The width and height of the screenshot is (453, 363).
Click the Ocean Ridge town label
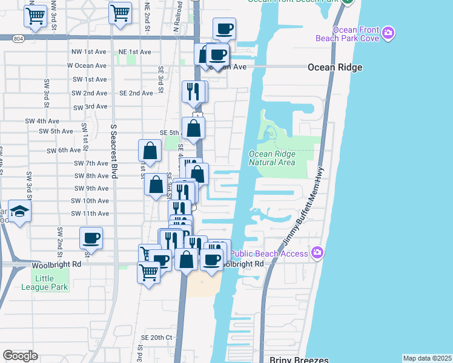click(x=335, y=67)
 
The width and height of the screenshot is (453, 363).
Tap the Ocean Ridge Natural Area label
click(x=272, y=158)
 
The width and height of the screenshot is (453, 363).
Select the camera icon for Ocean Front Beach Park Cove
click(x=388, y=32)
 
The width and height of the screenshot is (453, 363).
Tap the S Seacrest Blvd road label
click(x=113, y=152)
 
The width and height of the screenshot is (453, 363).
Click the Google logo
click(x=21, y=355)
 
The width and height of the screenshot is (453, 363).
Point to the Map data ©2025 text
click(x=428, y=358)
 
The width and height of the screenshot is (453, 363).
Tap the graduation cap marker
click(x=20, y=212)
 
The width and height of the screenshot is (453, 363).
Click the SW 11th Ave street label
click(x=90, y=214)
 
